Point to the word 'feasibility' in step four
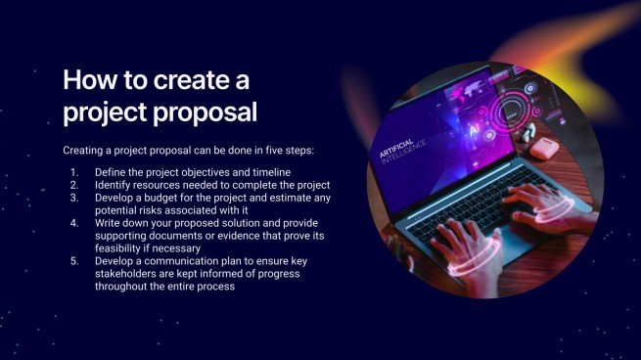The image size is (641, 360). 122,247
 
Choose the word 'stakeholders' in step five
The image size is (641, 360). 131,274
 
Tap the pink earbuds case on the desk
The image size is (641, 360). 544,149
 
